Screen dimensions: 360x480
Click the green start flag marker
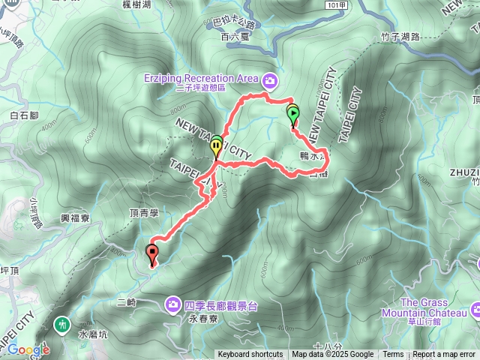[x=292, y=115]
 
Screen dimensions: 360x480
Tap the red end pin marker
[x=153, y=253]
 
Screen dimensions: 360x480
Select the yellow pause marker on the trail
[x=217, y=148]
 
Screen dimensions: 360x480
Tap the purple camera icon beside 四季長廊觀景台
[x=173, y=304]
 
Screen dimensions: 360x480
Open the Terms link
[x=393, y=355]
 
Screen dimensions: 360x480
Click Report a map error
[x=444, y=355]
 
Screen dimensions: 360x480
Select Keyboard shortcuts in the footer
[x=250, y=355]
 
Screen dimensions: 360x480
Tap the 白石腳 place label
[x=25, y=115]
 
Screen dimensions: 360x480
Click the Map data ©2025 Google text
[x=333, y=355]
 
